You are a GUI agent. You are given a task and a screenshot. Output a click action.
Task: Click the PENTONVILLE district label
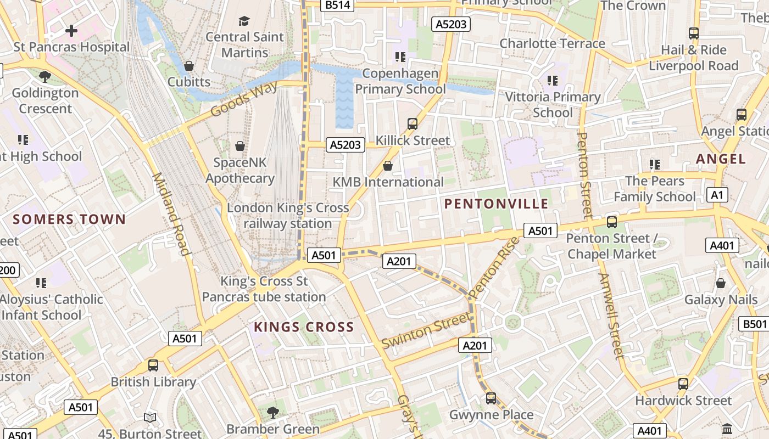tap(496, 204)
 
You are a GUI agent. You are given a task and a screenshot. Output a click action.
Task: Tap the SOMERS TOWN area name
tap(69, 219)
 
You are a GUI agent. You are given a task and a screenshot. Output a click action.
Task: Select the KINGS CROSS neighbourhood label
tap(304, 328)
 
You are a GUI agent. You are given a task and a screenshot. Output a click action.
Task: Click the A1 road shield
tap(718, 195)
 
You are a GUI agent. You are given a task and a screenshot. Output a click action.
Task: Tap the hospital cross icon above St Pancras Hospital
tap(71, 31)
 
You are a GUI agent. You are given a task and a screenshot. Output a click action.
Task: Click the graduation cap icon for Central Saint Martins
tap(244, 21)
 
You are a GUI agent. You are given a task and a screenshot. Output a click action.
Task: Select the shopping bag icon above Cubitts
tap(189, 66)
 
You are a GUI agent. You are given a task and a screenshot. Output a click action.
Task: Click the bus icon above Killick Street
tap(413, 124)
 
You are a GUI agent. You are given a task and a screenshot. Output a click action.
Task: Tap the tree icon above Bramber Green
tap(272, 412)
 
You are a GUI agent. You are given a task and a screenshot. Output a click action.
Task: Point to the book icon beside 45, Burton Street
tap(150, 418)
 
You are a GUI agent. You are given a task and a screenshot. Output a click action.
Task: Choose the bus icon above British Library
tap(153, 365)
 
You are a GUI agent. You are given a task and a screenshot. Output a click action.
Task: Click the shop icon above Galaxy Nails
tap(721, 283)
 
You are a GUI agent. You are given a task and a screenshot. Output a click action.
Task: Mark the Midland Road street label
tap(171, 214)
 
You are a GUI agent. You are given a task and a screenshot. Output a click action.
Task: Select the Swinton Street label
tap(427, 330)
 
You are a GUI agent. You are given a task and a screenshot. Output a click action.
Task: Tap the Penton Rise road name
tap(495, 267)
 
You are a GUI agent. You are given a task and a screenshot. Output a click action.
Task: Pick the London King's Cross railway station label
tap(288, 216)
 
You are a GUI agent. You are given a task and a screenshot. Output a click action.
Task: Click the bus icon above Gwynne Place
tap(491, 398)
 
